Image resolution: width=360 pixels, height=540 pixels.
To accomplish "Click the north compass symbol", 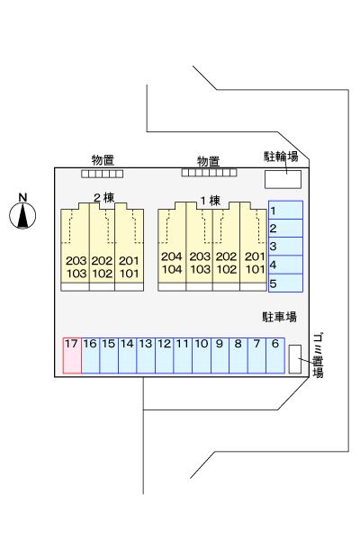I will [x=23, y=214].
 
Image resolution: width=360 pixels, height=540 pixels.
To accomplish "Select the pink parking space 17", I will [x=71, y=355].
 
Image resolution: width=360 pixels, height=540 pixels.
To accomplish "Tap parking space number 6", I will [x=274, y=355].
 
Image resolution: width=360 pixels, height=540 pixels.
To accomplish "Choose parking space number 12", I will [x=164, y=355].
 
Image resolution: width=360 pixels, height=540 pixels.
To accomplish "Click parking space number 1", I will [x=284, y=211].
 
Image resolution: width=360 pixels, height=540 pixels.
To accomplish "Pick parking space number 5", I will [x=284, y=283].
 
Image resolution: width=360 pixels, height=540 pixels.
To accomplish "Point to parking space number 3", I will [x=284, y=247].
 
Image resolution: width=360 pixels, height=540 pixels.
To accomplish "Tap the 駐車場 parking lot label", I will [x=279, y=317].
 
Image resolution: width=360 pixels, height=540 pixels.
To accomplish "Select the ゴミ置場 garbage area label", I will [x=318, y=355].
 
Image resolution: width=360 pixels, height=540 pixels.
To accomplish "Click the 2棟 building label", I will [x=102, y=198].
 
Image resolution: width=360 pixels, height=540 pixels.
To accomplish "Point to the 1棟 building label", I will [x=209, y=201].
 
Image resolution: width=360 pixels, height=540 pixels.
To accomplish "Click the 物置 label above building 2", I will [x=101, y=161].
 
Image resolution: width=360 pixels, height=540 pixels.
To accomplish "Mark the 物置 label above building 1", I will [x=208, y=161].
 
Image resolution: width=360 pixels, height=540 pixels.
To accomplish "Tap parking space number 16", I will [x=90, y=355].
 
